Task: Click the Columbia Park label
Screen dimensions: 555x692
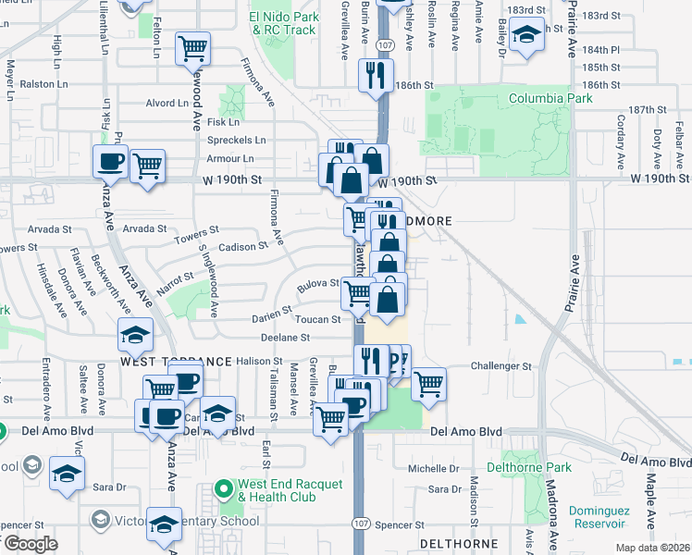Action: (x=550, y=98)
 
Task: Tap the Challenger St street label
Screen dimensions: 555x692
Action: (x=502, y=366)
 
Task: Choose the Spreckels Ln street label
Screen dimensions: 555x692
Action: (x=236, y=141)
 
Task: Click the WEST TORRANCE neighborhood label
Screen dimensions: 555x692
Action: (x=176, y=360)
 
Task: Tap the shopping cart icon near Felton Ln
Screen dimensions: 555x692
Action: (x=192, y=49)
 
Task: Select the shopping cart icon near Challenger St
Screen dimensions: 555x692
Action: (x=428, y=384)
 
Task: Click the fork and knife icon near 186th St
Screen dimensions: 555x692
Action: (x=376, y=76)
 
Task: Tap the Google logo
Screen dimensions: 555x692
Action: (x=30, y=543)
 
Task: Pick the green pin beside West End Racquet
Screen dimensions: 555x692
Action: (x=223, y=487)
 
